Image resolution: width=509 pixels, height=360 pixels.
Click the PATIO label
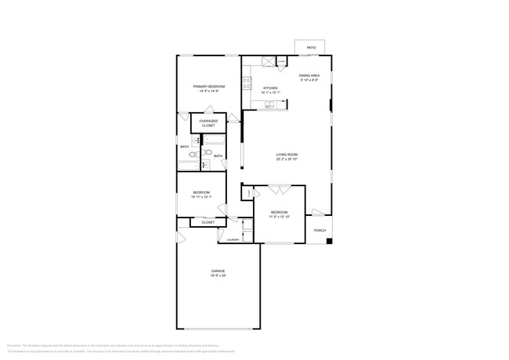[x=311, y=49]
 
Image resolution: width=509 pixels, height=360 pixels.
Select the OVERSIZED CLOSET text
[x=208, y=124]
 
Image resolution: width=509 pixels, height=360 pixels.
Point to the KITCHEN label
[x=270, y=88]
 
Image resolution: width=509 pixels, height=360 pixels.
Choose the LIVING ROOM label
[x=287, y=154]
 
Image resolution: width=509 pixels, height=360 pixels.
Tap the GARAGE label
[x=218, y=271]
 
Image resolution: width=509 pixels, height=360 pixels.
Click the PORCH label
[x=319, y=231]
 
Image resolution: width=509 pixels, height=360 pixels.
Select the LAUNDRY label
[x=233, y=239]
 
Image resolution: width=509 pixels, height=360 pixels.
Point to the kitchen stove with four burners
[x=246, y=81]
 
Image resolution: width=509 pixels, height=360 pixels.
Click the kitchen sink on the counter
[x=269, y=105]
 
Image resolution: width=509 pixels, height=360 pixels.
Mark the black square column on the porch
[x=330, y=239]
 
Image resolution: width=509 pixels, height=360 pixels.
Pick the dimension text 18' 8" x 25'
[x=218, y=276]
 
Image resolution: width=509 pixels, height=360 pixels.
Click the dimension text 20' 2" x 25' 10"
[x=287, y=160]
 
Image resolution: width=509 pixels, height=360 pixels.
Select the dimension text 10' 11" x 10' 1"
[x=201, y=197]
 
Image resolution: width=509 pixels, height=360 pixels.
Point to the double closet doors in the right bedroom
[x=280, y=190]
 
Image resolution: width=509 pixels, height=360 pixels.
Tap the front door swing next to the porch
[x=317, y=213]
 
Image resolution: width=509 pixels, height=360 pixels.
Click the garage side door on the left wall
[x=179, y=237]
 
